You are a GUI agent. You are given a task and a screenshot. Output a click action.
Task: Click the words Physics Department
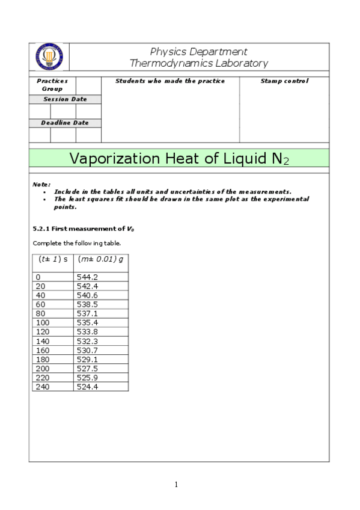tap(198, 52)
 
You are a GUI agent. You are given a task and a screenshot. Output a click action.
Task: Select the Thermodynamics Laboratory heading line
tap(199, 63)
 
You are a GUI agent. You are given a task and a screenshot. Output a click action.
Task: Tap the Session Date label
tap(65, 99)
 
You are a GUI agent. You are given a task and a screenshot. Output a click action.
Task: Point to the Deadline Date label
tap(65, 123)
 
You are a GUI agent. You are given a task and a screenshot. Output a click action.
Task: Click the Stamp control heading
tap(284, 81)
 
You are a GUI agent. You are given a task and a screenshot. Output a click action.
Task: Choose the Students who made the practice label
tap(170, 81)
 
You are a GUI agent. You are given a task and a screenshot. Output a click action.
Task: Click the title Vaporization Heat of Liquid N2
tap(179, 159)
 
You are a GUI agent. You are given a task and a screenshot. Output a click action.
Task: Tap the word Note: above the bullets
tap(41, 184)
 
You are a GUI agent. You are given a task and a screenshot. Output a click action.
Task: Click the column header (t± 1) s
tap(53, 259)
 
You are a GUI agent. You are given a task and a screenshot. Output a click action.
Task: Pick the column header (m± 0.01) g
tap(100, 259)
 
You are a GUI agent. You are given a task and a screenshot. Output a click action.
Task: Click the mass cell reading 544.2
tap(87, 277)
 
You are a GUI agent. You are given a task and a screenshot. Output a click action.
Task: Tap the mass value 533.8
tap(87, 332)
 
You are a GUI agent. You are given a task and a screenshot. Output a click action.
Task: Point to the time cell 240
tap(42, 387)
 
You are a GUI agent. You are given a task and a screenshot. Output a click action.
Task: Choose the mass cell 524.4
tap(87, 387)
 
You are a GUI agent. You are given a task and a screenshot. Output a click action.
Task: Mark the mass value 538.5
tap(87, 304)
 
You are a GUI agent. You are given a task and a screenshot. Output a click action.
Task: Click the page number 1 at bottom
tap(177, 485)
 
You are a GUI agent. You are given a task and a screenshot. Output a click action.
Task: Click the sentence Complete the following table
tap(77, 243)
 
